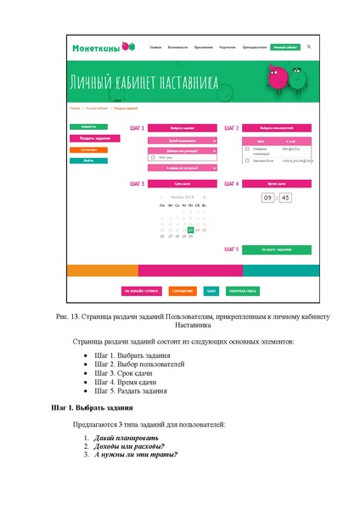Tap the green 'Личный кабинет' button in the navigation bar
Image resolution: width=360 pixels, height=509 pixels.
(284, 47)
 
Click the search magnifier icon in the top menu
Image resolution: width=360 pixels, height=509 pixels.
(309, 47)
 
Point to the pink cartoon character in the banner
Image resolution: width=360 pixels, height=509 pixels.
(278, 81)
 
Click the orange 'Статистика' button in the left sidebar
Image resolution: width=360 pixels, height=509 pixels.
(87, 149)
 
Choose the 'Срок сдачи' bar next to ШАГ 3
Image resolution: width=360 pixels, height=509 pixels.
(182, 183)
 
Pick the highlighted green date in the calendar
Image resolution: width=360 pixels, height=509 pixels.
(190, 230)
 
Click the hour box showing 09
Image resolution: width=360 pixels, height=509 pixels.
(267, 198)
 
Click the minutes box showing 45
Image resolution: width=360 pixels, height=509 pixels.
(285, 198)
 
